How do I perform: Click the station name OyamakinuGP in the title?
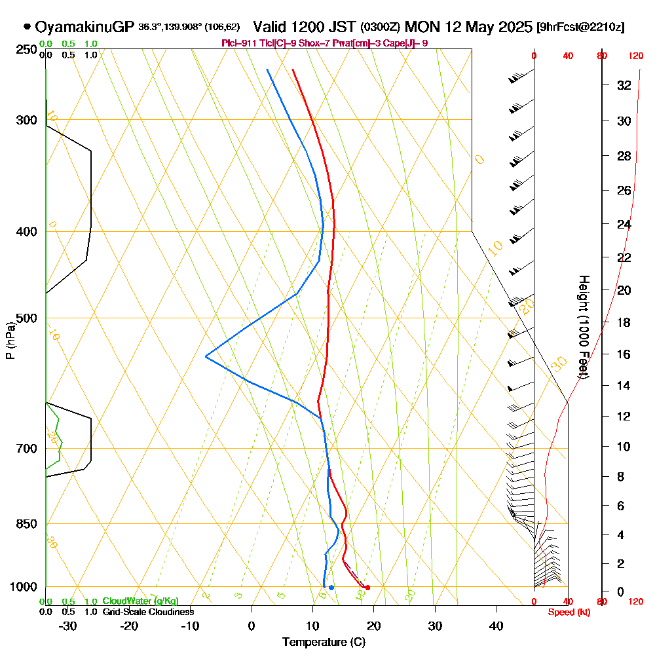(x=85, y=28)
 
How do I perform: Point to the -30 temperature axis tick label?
(x=67, y=626)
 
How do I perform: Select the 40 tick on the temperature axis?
(x=496, y=626)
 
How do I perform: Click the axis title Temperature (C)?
(x=324, y=643)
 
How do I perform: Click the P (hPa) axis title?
(x=10, y=340)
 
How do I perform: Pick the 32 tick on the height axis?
(x=624, y=85)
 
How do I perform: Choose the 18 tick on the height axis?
(x=624, y=322)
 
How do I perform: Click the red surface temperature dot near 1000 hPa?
(x=367, y=588)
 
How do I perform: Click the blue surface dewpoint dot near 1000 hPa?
(x=331, y=588)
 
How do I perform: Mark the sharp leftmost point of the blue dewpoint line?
(x=206, y=356)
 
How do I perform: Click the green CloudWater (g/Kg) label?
(x=140, y=601)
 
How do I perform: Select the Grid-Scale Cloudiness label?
(x=147, y=612)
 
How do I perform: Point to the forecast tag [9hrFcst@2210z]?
(x=580, y=28)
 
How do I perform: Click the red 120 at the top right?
(x=635, y=56)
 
